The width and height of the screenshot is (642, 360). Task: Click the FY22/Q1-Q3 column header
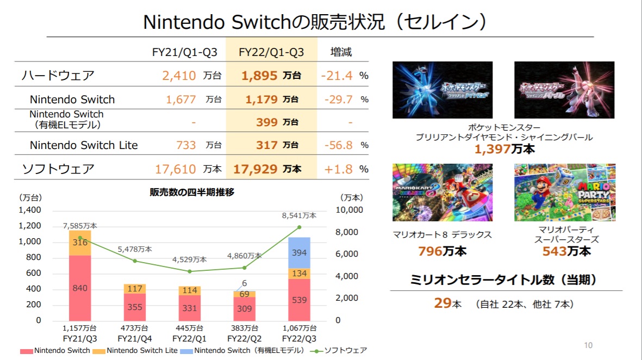271,52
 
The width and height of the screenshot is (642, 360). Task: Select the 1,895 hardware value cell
261,76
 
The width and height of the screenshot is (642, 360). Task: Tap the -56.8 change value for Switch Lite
338,145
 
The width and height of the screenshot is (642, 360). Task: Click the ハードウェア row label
58,76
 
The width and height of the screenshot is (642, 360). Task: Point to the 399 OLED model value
267,122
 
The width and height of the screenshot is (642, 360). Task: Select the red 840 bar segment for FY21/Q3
80,288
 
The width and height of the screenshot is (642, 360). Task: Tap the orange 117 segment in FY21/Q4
135,289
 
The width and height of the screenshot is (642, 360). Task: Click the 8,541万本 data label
300,215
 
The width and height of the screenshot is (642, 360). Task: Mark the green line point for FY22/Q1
189,271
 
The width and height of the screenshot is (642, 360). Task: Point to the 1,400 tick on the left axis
30,210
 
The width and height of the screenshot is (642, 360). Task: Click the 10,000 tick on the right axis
348,210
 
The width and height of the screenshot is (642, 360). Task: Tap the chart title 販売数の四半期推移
191,192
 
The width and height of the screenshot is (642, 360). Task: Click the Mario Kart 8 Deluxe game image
442,193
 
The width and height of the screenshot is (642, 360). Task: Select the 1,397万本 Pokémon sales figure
504,149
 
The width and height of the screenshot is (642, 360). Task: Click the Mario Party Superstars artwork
565,193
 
